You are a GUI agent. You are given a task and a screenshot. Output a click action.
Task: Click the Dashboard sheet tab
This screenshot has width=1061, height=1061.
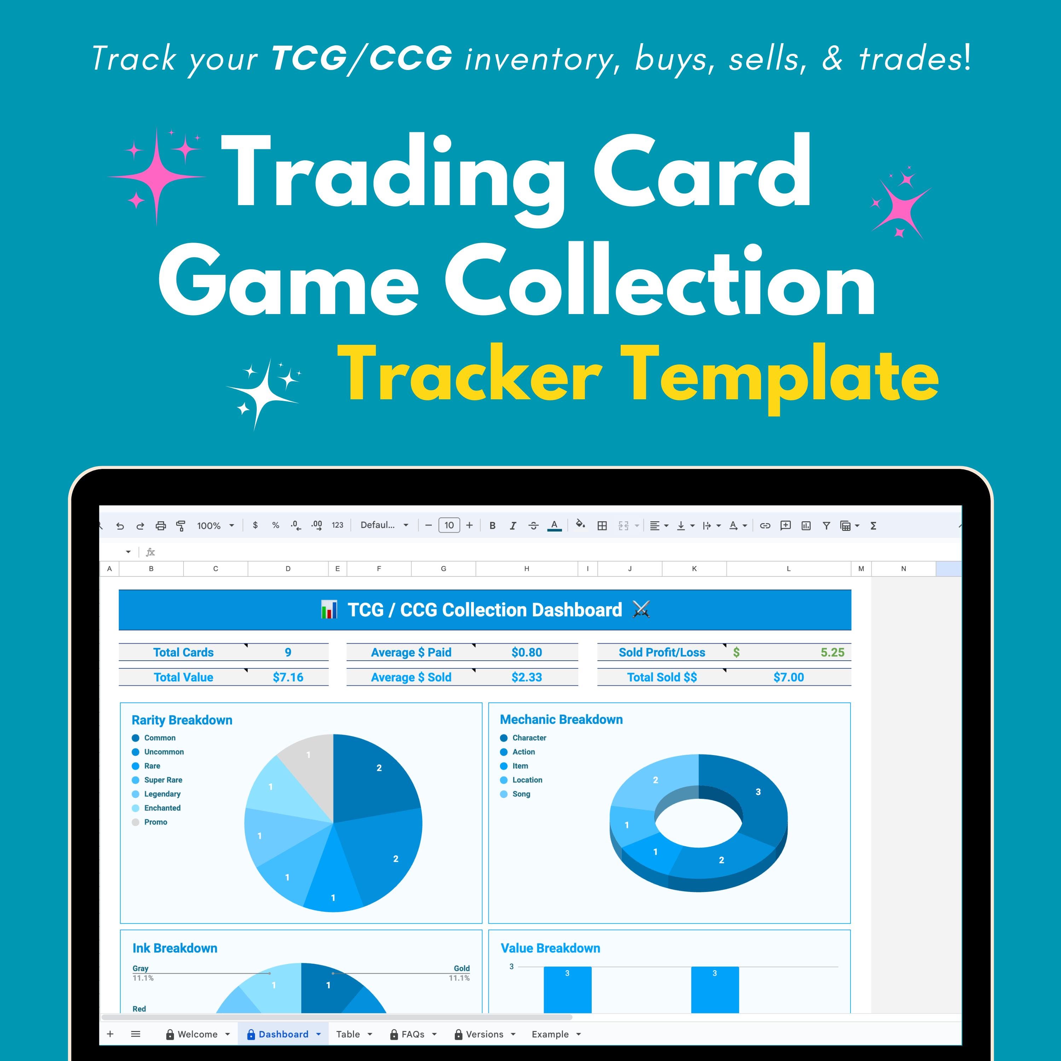(283, 1034)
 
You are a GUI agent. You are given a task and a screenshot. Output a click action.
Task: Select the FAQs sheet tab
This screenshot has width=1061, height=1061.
(412, 1034)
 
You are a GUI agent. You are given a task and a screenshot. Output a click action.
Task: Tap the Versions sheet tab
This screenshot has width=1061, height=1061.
(484, 1034)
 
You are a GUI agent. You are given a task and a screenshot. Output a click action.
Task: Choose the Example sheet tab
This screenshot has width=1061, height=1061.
(550, 1034)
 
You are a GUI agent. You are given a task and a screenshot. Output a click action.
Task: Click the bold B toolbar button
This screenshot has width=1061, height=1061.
(492, 526)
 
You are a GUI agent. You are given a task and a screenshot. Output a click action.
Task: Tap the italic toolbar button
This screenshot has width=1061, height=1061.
(512, 526)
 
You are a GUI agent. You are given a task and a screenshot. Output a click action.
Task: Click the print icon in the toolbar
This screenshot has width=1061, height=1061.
(160, 526)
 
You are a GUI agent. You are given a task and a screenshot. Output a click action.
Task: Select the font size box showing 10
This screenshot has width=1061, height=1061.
(449, 526)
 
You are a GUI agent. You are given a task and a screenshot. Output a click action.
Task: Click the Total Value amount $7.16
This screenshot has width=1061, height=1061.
(288, 677)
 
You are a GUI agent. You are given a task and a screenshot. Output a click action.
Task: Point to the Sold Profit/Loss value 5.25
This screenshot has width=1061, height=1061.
(832, 653)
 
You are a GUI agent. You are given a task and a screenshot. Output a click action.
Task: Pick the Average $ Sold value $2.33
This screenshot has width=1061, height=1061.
(526, 677)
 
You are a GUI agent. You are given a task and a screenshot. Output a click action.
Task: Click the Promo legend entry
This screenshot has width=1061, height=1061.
(155, 822)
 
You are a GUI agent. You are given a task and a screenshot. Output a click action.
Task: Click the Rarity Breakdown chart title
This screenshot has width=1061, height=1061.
(182, 720)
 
